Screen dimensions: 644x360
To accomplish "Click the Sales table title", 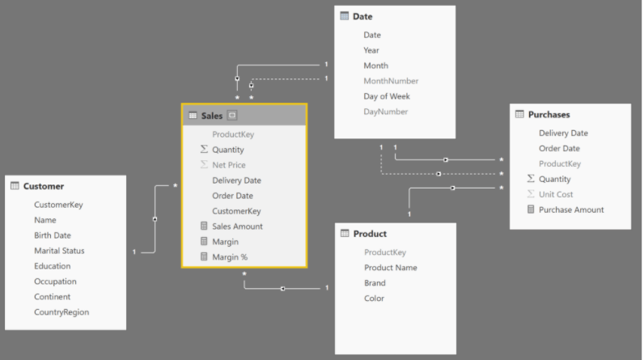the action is [x=211, y=116].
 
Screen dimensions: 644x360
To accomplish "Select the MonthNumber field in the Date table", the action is [x=391, y=81].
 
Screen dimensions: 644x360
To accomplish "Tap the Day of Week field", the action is [x=387, y=96].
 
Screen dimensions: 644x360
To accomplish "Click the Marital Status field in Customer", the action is [x=59, y=251].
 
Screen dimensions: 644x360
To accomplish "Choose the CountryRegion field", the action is [x=61, y=312].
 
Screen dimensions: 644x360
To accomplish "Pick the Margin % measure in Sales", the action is [x=230, y=257].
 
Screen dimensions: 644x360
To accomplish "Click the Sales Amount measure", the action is [x=237, y=227].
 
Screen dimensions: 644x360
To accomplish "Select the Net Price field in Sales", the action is [x=229, y=165].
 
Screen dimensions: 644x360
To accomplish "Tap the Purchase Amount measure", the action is [x=571, y=210].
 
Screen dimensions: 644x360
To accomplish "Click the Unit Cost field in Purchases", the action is [x=556, y=195].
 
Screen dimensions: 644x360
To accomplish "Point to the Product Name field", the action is [x=391, y=268].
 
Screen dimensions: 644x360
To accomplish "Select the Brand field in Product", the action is [x=375, y=283].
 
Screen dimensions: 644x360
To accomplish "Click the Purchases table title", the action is [x=549, y=115].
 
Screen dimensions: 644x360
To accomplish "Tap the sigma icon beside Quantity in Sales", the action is [x=204, y=149].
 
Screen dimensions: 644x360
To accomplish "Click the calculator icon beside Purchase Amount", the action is [x=531, y=210].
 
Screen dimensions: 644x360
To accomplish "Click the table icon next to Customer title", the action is [x=15, y=185].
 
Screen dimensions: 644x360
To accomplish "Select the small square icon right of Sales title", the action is [x=232, y=116].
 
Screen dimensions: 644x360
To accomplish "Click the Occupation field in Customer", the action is [x=55, y=282].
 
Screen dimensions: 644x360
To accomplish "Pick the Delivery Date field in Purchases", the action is [x=563, y=133].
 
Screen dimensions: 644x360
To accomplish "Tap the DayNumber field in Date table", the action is [x=385, y=112].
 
